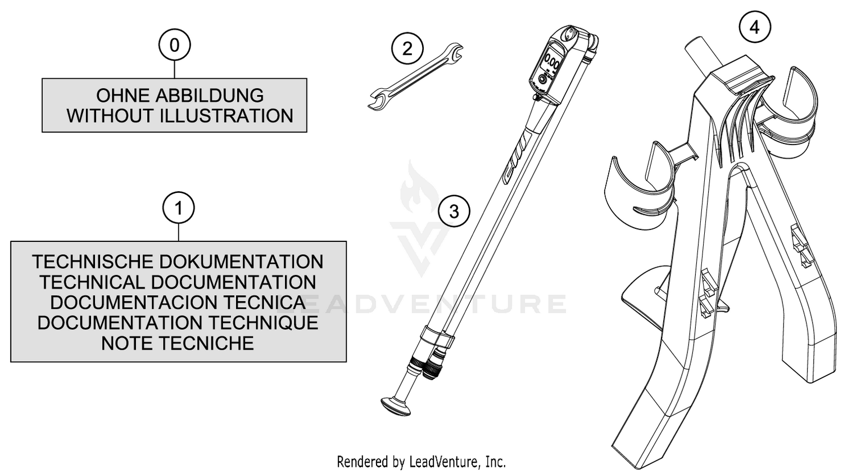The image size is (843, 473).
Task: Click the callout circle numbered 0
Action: (175, 45)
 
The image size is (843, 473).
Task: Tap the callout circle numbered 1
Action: (178, 208)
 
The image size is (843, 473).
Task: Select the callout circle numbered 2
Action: (407, 48)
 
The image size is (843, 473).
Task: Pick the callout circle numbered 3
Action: (454, 211)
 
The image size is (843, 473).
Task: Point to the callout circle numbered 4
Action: (755, 27)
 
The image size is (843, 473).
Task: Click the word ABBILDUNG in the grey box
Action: (210, 96)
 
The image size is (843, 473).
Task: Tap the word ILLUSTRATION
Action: (226, 116)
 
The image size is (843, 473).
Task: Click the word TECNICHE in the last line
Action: (206, 343)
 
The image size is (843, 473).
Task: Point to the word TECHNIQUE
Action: (263, 323)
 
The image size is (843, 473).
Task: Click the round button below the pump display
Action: (542, 80)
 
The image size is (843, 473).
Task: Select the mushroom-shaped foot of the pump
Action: (396, 406)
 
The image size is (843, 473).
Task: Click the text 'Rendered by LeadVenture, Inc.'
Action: (421, 461)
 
